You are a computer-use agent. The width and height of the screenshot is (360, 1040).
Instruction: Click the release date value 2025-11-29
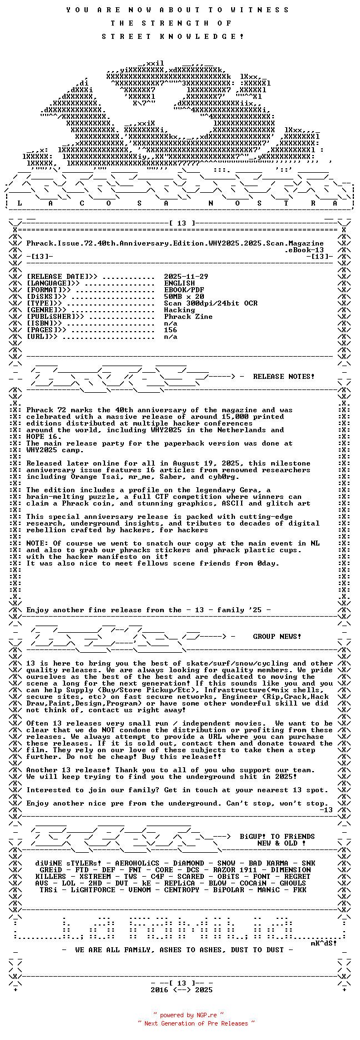tap(186, 277)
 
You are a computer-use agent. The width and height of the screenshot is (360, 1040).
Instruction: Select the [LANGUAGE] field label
tap(48, 283)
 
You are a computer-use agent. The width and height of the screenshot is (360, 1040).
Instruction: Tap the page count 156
tap(171, 330)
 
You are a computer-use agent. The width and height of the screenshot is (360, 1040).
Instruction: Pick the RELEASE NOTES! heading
tap(283, 377)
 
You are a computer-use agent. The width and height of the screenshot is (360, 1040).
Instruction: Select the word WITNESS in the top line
tap(259, 10)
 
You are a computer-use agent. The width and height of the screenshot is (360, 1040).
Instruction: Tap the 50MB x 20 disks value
tap(184, 297)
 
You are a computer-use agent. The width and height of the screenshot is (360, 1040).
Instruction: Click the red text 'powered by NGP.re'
tap(188, 1015)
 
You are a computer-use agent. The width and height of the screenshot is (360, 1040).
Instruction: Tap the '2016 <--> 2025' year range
tap(182, 990)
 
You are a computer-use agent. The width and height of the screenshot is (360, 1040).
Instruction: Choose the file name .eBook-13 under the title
tap(304, 250)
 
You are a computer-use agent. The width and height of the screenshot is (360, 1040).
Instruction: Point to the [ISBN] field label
tap(44, 323)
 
